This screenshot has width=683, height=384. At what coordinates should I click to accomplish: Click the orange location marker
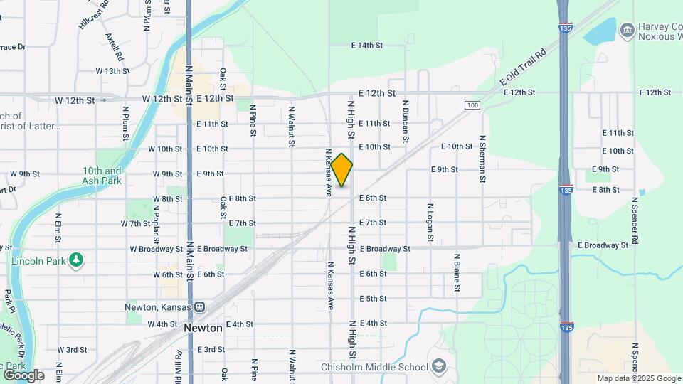[341, 170]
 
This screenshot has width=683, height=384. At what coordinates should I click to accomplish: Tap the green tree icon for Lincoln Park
[76, 260]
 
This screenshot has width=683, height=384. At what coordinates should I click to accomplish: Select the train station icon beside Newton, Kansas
[201, 307]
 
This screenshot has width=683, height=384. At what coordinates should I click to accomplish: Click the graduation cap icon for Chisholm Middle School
[440, 367]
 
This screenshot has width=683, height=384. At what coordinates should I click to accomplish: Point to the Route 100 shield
[472, 105]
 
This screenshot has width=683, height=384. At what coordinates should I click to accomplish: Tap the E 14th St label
[367, 46]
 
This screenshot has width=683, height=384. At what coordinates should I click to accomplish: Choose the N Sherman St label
[482, 160]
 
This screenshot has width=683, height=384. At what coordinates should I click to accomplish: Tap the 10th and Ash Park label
[102, 176]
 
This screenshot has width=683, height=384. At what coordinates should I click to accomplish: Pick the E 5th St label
[373, 299]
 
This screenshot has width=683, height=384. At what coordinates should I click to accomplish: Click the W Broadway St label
[156, 250]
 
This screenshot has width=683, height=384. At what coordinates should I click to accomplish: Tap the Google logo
[23, 375]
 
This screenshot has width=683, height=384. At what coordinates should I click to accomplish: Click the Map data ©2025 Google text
[638, 378]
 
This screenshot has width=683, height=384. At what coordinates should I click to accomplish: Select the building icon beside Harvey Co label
[628, 29]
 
